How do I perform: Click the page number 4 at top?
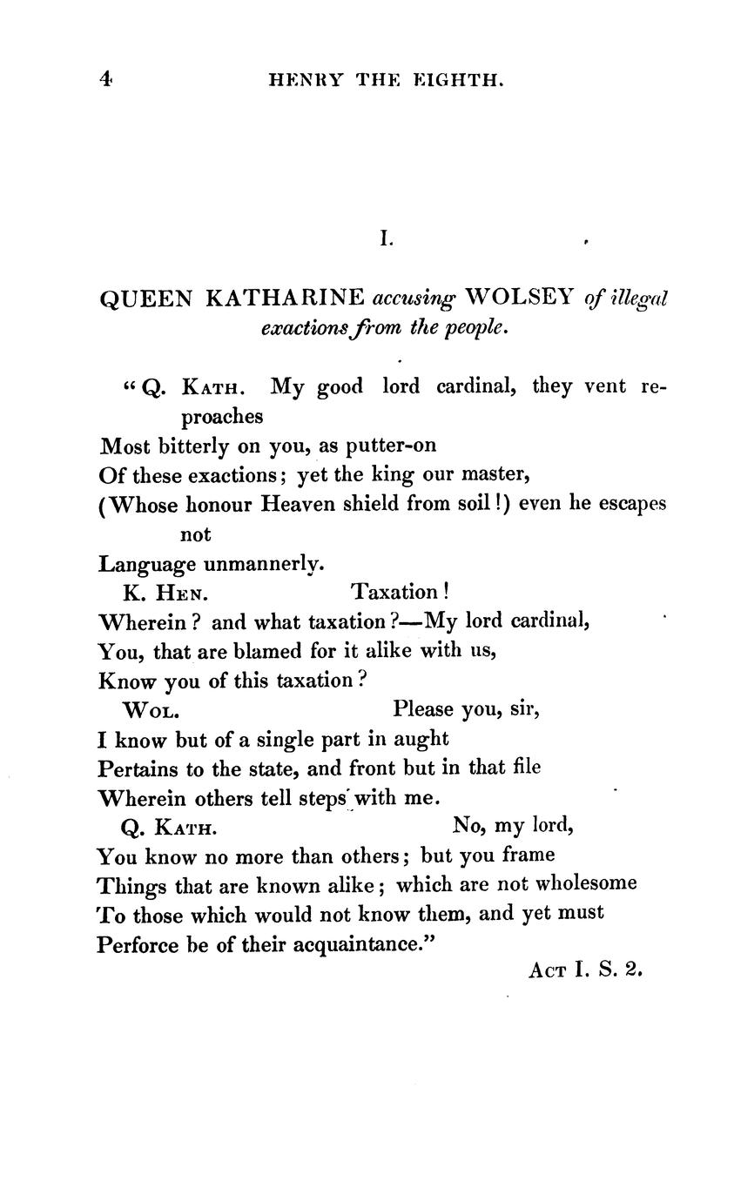(106, 79)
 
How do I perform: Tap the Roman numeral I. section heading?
(386, 237)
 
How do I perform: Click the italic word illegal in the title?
(638, 299)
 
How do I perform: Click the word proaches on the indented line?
(221, 416)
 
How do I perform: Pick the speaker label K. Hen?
(166, 594)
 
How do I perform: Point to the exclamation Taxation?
(400, 593)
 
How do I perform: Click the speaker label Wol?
(152, 710)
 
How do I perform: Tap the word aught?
(421, 740)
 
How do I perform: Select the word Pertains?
(139, 768)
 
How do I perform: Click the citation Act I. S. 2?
(585, 969)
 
